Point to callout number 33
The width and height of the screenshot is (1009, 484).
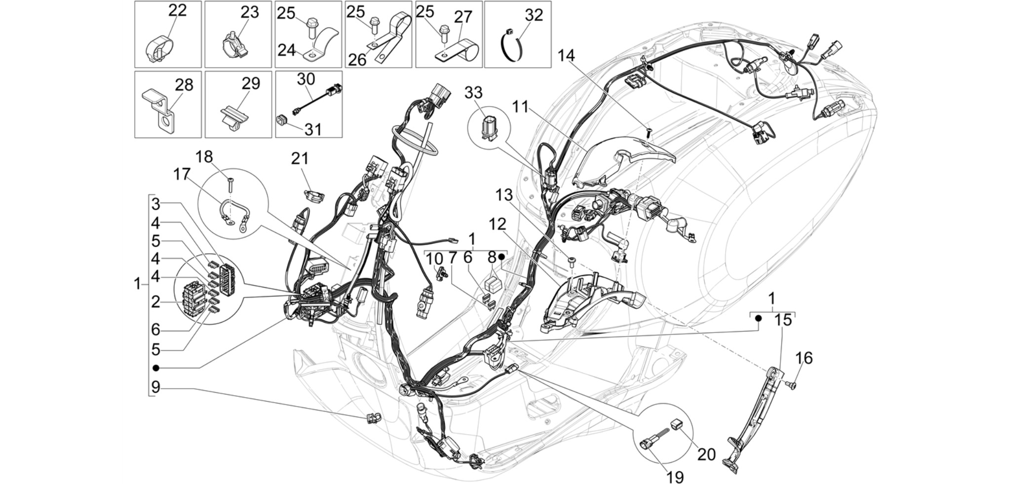[473, 92]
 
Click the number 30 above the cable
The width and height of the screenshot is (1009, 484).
[306, 78]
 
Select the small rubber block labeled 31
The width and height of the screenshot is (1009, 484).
[281, 120]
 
